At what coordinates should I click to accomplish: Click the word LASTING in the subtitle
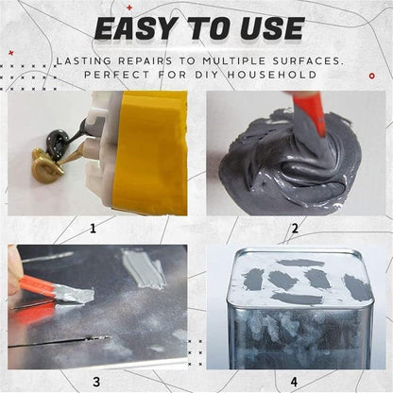[x=87, y=60]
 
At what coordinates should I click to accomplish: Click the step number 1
[x=93, y=228]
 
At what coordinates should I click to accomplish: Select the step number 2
[x=295, y=228]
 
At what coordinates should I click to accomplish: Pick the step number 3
[x=94, y=382]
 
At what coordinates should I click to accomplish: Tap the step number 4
[x=294, y=382]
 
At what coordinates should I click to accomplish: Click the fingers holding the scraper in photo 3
[x=14, y=274]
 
